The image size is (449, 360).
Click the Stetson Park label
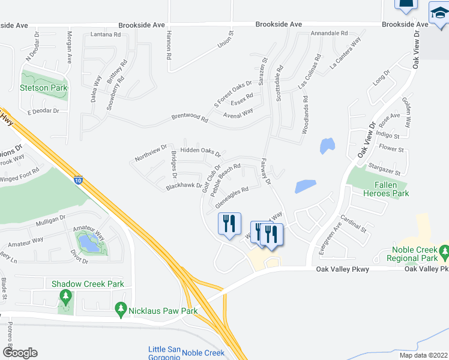coord(43,88)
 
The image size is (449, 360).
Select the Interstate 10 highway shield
coord(79,179)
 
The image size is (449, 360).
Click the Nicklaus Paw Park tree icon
coord(121,309)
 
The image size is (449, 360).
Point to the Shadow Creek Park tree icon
coord(65,296)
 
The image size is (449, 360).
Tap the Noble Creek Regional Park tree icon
coord(443,250)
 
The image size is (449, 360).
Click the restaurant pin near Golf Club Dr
coord(229,224)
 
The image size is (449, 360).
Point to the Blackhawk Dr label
coord(184,187)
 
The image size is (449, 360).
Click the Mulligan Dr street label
coord(50,221)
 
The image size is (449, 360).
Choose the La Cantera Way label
coord(344,61)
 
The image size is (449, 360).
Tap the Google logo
coord(19,352)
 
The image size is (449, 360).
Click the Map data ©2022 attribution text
coord(423,355)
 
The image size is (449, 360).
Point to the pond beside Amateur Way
coord(89,242)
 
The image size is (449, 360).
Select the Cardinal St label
coord(353,223)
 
